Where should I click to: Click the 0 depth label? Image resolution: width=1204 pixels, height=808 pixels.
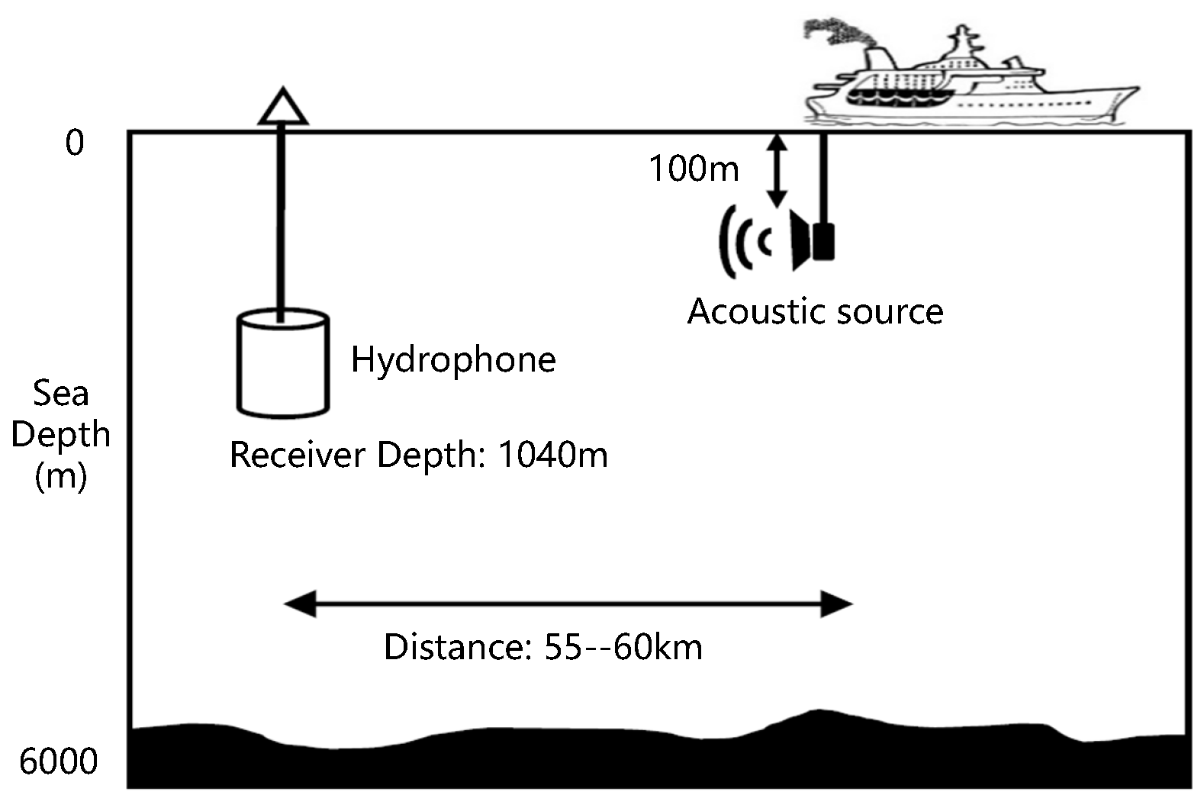pyautogui.click(x=74, y=143)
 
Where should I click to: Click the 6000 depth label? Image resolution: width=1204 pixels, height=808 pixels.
pyautogui.click(x=59, y=761)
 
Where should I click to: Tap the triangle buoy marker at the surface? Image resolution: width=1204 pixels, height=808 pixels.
pyautogui.click(x=283, y=108)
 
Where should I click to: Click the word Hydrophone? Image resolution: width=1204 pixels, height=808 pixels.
pyautogui.click(x=453, y=360)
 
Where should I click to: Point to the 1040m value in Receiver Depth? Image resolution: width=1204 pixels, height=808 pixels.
pyautogui.click(x=553, y=455)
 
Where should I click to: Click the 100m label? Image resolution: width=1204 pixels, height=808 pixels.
pyautogui.click(x=694, y=168)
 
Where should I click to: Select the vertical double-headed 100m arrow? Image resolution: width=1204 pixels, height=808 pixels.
pyautogui.click(x=776, y=170)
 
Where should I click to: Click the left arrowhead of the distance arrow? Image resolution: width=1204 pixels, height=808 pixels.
pyautogui.click(x=299, y=604)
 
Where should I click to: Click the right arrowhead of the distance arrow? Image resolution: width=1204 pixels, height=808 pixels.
pyautogui.click(x=836, y=604)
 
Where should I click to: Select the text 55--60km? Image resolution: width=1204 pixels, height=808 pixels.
pyautogui.click(x=623, y=647)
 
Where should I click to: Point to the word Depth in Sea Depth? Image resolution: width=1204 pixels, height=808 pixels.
pyautogui.click(x=60, y=434)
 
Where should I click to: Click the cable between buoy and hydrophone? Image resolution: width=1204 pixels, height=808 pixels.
pyautogui.click(x=282, y=221)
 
